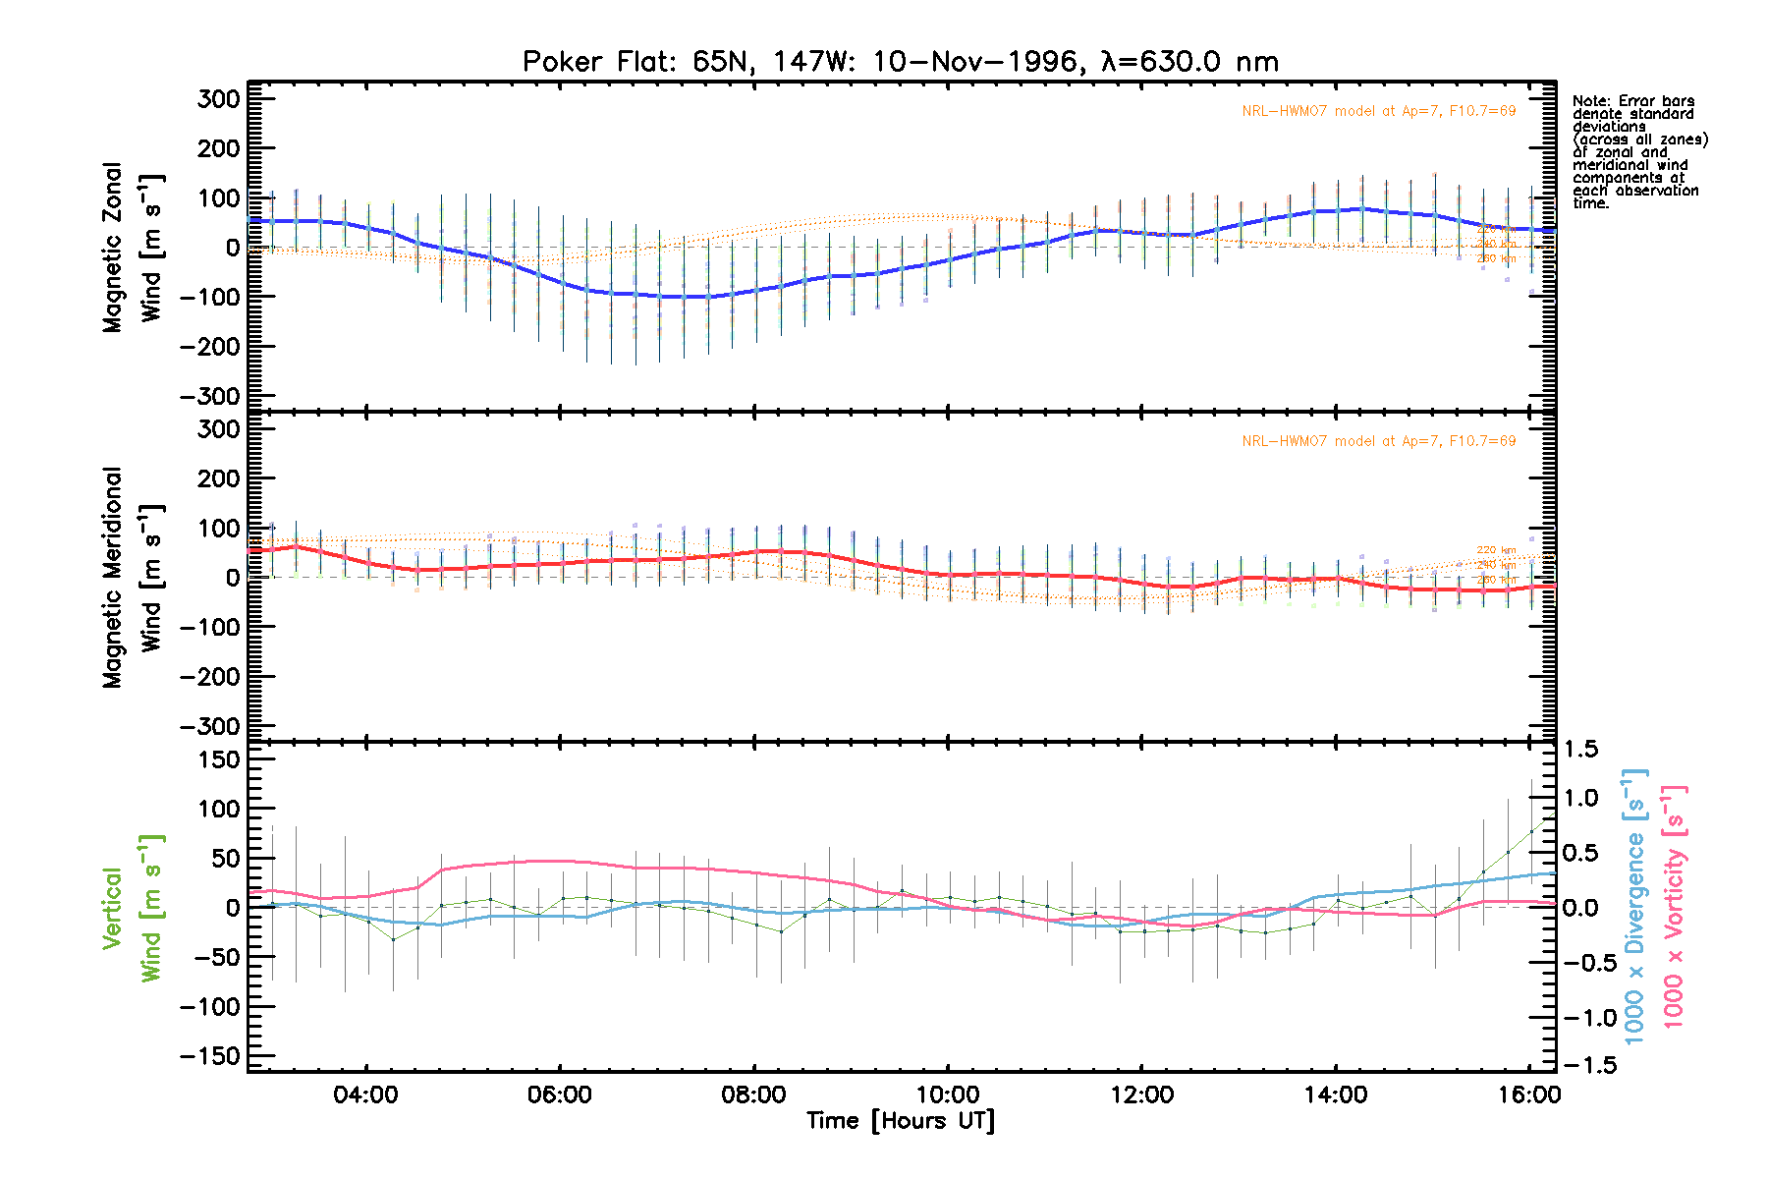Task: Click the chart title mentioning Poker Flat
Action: [900, 62]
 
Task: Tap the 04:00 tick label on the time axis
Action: [365, 1095]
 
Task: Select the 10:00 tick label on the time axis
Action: [948, 1095]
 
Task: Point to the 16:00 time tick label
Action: [1529, 1095]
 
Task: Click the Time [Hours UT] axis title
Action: [900, 1121]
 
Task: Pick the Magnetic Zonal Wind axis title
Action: [132, 248]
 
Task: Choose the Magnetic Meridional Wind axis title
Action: [132, 578]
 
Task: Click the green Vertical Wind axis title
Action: [132, 908]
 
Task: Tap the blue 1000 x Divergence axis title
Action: [1634, 906]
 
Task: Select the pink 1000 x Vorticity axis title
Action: [1674, 906]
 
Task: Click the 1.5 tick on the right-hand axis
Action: [1580, 750]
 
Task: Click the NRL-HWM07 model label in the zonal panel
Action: [1378, 111]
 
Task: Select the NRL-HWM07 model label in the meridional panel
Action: [1378, 441]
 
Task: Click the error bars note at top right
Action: [1639, 151]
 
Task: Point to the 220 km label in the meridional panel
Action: [1496, 550]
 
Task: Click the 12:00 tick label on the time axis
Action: [1141, 1095]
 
